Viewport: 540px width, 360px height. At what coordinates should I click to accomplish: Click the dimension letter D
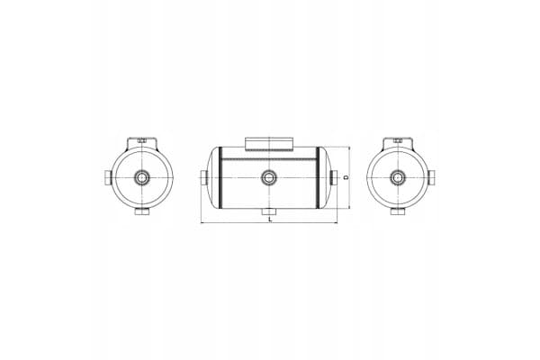[x=346, y=177]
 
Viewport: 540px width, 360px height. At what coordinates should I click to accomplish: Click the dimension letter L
[x=270, y=219]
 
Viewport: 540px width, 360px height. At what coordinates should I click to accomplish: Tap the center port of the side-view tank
[x=269, y=178]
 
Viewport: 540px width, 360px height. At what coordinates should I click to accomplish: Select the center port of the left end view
[x=141, y=178]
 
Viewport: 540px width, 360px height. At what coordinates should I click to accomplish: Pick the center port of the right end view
[x=398, y=178]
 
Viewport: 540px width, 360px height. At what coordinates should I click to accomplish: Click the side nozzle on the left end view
[x=107, y=177]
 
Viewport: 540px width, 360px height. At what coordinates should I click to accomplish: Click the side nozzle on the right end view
[x=431, y=177]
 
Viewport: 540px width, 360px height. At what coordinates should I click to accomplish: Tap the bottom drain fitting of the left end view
[x=142, y=211]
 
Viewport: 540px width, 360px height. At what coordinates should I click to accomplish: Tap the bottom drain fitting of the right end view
[x=398, y=211]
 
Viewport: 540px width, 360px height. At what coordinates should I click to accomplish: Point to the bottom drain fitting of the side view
[x=269, y=211]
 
